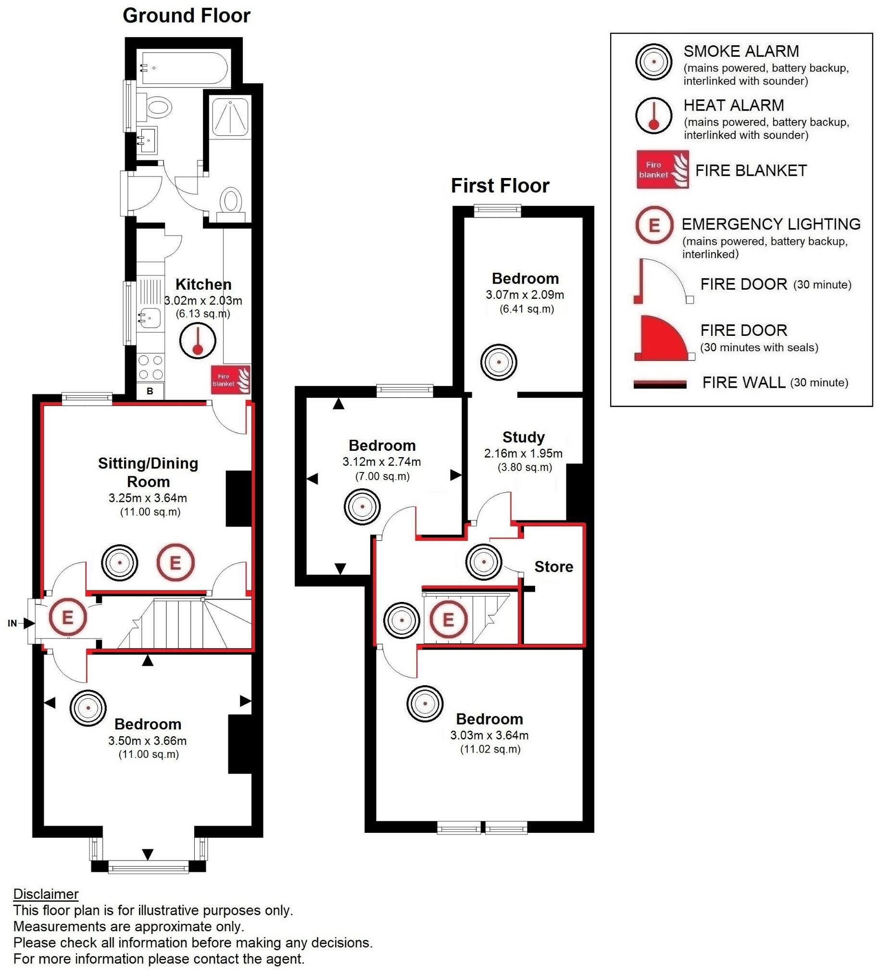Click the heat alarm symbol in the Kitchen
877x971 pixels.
pyautogui.click(x=197, y=341)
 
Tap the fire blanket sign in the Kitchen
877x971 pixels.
pyautogui.click(x=231, y=380)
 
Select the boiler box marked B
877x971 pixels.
pyautogui.click(x=150, y=391)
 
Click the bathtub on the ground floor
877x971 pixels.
pyautogui.click(x=184, y=68)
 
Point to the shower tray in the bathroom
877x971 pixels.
pyautogui.click(x=231, y=117)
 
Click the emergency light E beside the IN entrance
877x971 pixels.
pyautogui.click(x=68, y=617)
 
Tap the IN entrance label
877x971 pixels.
pyautogui.click(x=13, y=623)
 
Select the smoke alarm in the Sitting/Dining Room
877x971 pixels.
pyautogui.click(x=119, y=562)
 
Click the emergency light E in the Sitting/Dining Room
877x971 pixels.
pyautogui.click(x=175, y=562)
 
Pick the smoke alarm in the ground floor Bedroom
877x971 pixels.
pyautogui.click(x=88, y=708)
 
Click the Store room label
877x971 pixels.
pyautogui.click(x=553, y=567)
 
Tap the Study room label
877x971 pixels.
pyautogui.click(x=523, y=437)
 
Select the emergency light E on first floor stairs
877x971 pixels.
pyautogui.click(x=448, y=619)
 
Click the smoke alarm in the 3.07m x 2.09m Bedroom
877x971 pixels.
pyautogui.click(x=499, y=362)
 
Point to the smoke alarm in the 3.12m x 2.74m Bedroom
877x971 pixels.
pyautogui.click(x=362, y=507)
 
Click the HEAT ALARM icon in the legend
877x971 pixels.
pyautogui.click(x=653, y=115)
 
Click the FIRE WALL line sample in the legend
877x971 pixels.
pyautogui.click(x=660, y=384)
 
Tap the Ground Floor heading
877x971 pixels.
pyautogui.click(x=186, y=15)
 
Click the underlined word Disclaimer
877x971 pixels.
pyautogui.click(x=46, y=894)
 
